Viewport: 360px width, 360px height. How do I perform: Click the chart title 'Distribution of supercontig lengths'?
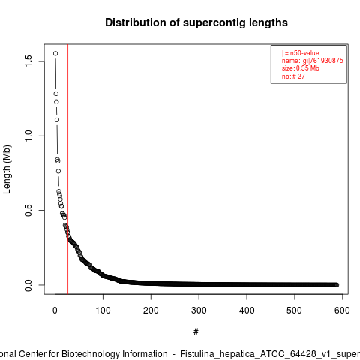196,22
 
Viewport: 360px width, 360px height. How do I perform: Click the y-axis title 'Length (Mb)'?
7,169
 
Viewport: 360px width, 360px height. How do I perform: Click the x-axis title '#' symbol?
196,332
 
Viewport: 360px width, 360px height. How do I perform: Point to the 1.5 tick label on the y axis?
28,61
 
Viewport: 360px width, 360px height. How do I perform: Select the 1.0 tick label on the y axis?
28,136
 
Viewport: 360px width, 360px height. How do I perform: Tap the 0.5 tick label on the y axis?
28,210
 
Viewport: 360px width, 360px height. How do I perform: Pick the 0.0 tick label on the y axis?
28,285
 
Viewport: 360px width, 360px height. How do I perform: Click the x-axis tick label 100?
103,310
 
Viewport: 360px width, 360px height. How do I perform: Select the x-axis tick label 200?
151,310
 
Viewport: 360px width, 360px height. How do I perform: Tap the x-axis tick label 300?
199,310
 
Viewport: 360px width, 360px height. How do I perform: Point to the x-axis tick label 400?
247,310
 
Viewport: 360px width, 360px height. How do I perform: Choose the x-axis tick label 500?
295,310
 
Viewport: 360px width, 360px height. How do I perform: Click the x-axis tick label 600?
342,310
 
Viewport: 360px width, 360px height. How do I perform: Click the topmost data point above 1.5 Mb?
55,53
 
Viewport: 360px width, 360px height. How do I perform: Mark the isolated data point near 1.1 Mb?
57,120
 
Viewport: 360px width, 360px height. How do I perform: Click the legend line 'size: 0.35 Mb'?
301,68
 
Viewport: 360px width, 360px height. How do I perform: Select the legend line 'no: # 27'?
293,76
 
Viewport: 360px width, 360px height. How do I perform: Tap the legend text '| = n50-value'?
301,53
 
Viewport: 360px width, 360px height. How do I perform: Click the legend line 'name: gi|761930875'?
313,61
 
